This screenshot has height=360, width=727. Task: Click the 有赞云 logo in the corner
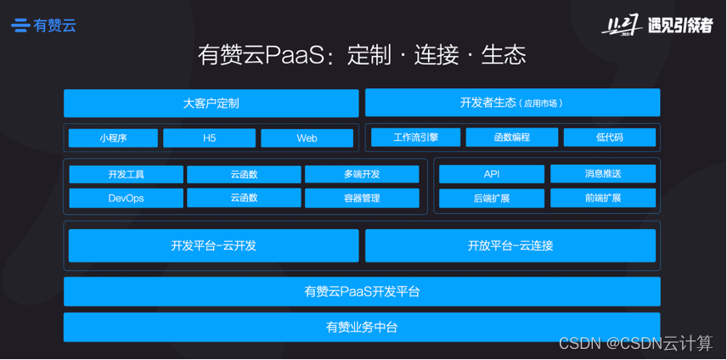44,25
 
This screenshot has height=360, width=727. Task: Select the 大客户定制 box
211,104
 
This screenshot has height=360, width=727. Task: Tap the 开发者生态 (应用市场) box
512,104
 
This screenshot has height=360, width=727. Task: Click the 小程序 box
113,138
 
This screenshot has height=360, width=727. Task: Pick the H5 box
209,138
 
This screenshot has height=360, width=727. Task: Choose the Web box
307,138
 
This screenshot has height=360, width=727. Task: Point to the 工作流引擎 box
415,138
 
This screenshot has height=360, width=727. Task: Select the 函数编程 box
511,138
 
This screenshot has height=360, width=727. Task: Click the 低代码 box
609,138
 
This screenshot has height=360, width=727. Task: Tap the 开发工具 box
126,174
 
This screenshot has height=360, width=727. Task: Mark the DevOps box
126,198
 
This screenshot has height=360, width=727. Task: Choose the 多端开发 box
362,174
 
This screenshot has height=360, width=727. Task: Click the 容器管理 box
362,198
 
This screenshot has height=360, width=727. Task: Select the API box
491,174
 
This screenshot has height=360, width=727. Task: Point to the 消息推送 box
603,174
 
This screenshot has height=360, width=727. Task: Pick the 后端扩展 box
491,198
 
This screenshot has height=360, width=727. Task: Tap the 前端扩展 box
603,198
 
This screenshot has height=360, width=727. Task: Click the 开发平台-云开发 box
213,245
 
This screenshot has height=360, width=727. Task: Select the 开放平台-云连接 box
510,245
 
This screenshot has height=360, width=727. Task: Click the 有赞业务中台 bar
362,327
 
